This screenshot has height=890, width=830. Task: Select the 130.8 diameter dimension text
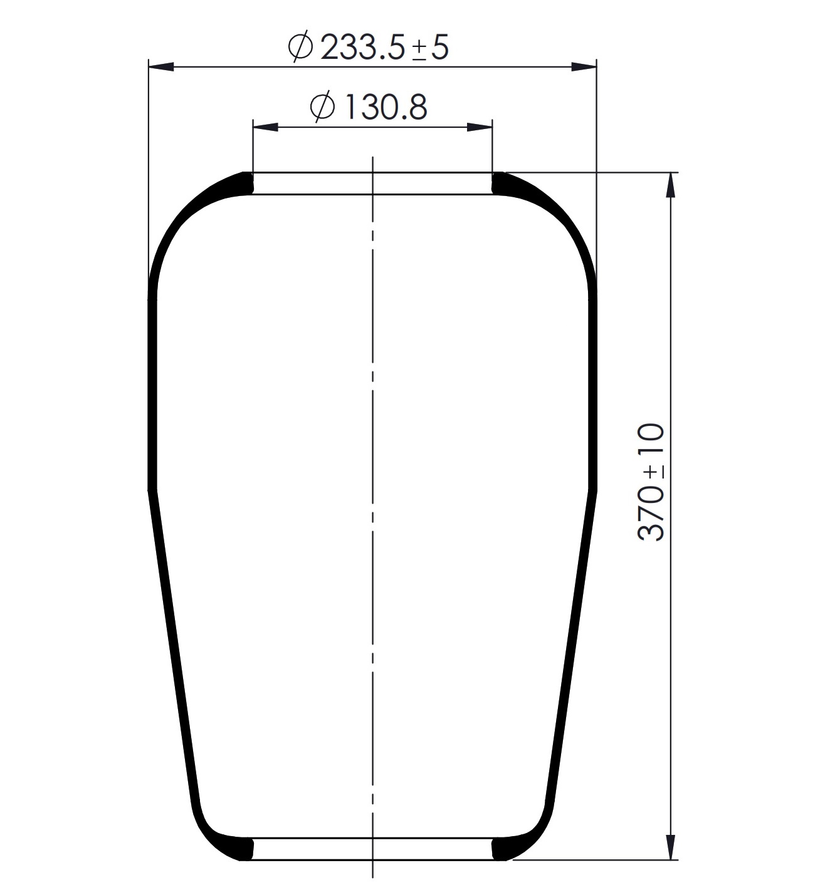[x=369, y=106]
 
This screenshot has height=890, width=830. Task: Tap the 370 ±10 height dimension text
[x=651, y=482]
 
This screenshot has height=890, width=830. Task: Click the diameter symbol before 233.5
[x=300, y=46]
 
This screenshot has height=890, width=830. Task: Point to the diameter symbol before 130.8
[x=323, y=106]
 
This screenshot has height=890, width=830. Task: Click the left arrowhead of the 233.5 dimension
[x=160, y=67]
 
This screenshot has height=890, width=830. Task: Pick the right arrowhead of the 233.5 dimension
[x=584, y=67]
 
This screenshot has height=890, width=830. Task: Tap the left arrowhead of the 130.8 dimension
[x=265, y=127]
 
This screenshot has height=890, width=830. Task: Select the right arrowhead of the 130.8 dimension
[x=480, y=127]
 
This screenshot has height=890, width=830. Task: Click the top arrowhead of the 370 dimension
[x=670, y=185]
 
